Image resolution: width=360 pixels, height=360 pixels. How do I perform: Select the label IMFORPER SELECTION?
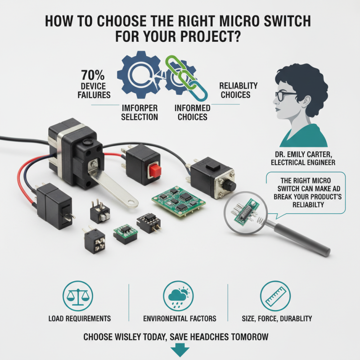[x=139, y=112]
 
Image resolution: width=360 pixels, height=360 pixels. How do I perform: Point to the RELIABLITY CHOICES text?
[x=238, y=90]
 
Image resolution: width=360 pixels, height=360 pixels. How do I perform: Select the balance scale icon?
[x=79, y=295]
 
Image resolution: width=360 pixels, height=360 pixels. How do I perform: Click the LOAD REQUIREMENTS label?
[x=79, y=319]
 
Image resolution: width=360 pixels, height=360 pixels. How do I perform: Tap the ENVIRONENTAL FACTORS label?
[x=180, y=319]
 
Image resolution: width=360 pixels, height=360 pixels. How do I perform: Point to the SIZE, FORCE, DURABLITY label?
[x=274, y=319]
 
